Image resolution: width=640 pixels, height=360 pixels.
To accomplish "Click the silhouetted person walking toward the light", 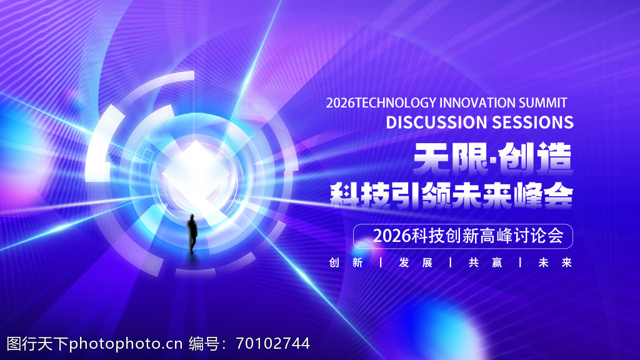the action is click(192, 233).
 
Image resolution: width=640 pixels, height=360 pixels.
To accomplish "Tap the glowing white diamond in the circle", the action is click(196, 174).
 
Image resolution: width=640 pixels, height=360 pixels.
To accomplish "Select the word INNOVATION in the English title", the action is click(477, 103).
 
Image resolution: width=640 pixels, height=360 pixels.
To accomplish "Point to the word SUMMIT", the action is click(543, 103).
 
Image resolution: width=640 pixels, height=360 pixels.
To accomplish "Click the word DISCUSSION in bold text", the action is click(436, 122).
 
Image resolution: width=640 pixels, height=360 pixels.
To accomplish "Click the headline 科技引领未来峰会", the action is click(451, 196).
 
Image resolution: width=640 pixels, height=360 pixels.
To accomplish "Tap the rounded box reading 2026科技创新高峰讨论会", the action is click(463, 236).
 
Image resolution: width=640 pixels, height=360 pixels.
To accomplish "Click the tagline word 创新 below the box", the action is click(346, 262).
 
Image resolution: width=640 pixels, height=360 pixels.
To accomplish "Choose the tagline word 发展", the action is click(416, 262).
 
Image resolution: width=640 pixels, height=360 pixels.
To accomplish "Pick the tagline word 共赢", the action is click(485, 262).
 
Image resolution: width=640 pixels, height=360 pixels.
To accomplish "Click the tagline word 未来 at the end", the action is click(555, 262).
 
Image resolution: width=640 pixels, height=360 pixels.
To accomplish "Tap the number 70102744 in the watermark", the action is click(272, 344).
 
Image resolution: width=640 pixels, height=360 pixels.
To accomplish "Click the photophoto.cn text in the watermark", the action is click(125, 344).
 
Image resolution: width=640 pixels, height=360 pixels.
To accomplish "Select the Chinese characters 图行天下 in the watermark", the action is click(37, 344).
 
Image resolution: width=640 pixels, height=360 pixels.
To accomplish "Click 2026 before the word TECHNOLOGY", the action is click(341, 103).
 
